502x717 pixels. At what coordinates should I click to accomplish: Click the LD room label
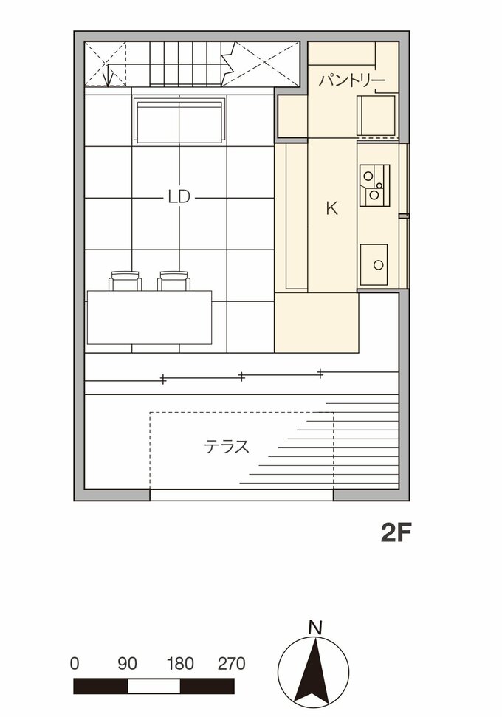coord(179,197)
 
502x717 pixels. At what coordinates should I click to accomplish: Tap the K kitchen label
coord(332,208)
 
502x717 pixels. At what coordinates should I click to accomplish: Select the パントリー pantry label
coord(352,80)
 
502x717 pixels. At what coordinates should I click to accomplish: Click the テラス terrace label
coord(227,446)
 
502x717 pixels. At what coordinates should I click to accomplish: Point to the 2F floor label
coord(396,532)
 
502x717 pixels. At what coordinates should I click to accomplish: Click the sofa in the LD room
coord(179,120)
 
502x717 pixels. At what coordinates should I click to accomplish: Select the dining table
coord(150,318)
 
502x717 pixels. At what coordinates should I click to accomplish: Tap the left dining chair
coord(125,281)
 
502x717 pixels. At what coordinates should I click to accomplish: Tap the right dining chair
coord(173,281)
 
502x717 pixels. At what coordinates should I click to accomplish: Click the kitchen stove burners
coord(374,185)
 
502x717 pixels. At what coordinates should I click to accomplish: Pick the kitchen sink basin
coord(374,264)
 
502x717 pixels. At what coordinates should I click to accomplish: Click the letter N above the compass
coord(315,628)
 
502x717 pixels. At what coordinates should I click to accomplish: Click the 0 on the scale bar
coord(75,664)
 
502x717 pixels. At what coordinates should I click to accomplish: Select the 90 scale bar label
coord(127,664)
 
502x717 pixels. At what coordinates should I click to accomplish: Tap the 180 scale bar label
coord(180,664)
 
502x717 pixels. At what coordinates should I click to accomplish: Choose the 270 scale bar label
coord(232,664)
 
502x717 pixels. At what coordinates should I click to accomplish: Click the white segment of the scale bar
coord(154,686)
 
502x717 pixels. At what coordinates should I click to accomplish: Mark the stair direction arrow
coord(108,75)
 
